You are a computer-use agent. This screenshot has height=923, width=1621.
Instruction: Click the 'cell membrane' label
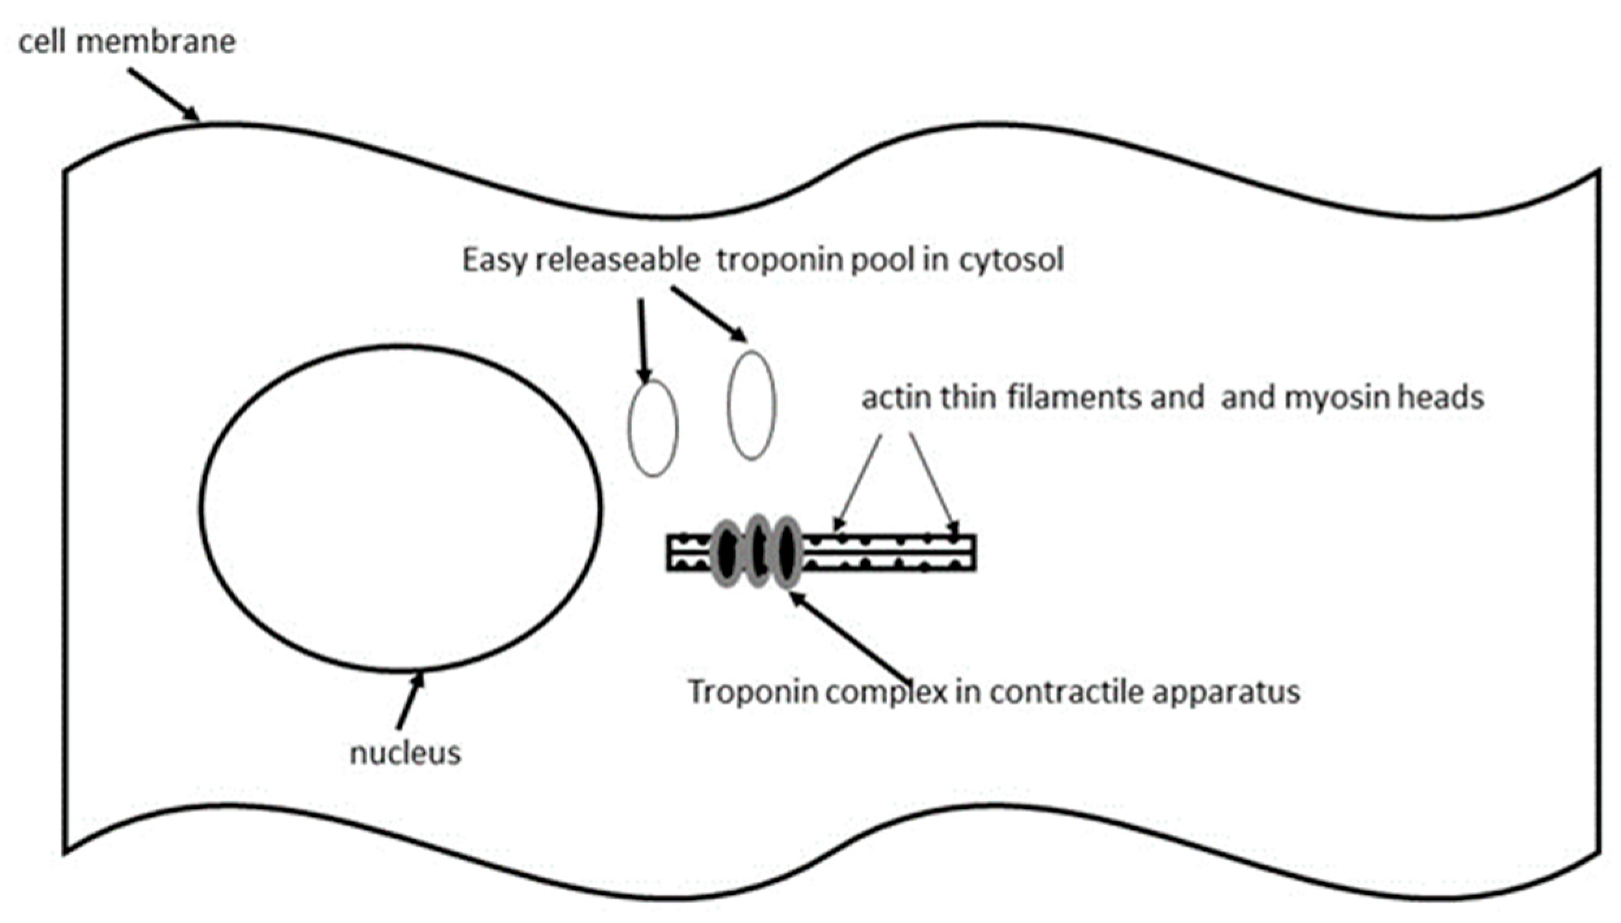127,42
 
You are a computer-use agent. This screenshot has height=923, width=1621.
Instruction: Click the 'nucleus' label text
405,753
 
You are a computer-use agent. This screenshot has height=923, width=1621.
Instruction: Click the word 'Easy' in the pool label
494,260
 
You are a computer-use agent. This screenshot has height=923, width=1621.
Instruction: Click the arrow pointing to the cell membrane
163,95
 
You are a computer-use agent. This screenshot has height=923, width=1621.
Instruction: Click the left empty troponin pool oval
653,428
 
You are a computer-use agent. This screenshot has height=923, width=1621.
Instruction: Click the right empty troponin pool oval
752,405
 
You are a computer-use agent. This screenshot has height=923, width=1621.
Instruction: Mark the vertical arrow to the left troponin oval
643,340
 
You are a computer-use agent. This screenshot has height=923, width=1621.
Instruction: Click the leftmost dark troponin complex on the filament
728,552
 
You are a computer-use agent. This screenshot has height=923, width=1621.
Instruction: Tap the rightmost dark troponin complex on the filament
787,552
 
